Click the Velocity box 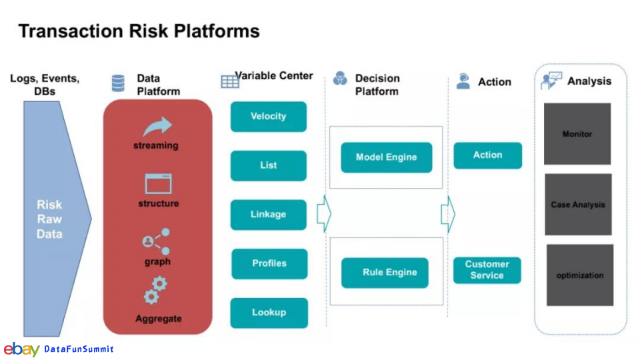pyautogui.click(x=268, y=116)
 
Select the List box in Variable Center pyautogui.click(x=268, y=165)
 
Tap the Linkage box pyautogui.click(x=268, y=214)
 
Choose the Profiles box pyautogui.click(x=269, y=264)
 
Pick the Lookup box pyautogui.click(x=269, y=313)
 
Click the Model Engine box pyautogui.click(x=386, y=157)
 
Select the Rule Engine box pyautogui.click(x=385, y=273)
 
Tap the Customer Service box pyautogui.click(x=487, y=270)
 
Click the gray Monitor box pyautogui.click(x=577, y=134)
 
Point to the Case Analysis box pyautogui.click(x=578, y=205)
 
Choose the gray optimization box pyautogui.click(x=579, y=275)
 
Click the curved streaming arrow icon pyautogui.click(x=157, y=126)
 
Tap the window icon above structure pyautogui.click(x=159, y=184)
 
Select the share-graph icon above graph pyautogui.click(x=156, y=241)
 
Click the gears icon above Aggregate pyautogui.click(x=155, y=291)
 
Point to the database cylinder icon pyautogui.click(x=118, y=83)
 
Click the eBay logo pyautogui.click(x=21, y=350)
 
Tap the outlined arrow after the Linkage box pyautogui.click(x=324, y=214)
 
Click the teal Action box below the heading pyautogui.click(x=488, y=155)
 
